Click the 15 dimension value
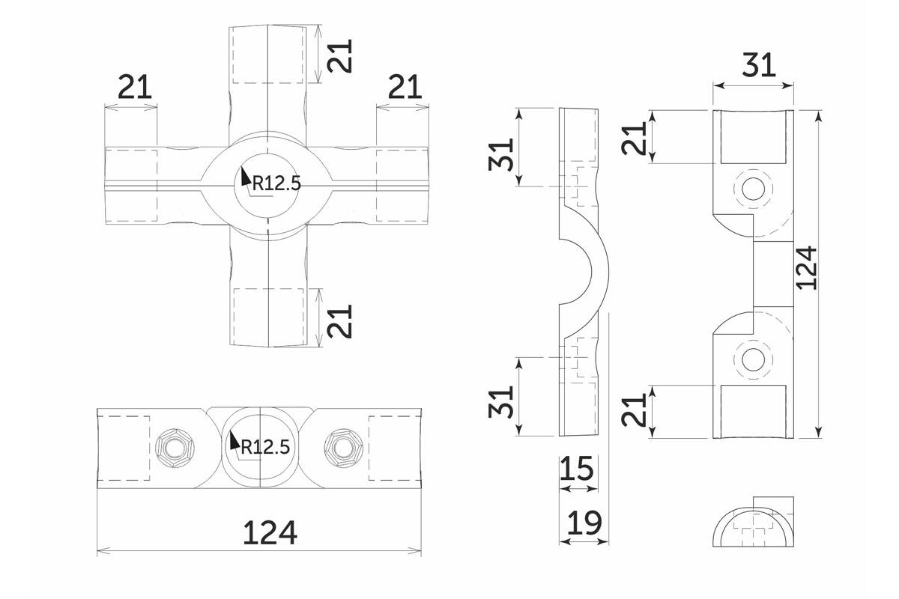tap(577, 469)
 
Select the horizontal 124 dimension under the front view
tap(270, 532)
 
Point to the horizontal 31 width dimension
tap(759, 66)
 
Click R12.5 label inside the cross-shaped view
tap(276, 183)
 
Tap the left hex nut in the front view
tap(174, 448)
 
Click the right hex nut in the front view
tap(341, 448)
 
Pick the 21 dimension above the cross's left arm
tap(136, 88)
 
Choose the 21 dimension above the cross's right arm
tap(405, 88)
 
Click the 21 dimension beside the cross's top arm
tap(341, 52)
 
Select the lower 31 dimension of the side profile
tap(503, 401)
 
